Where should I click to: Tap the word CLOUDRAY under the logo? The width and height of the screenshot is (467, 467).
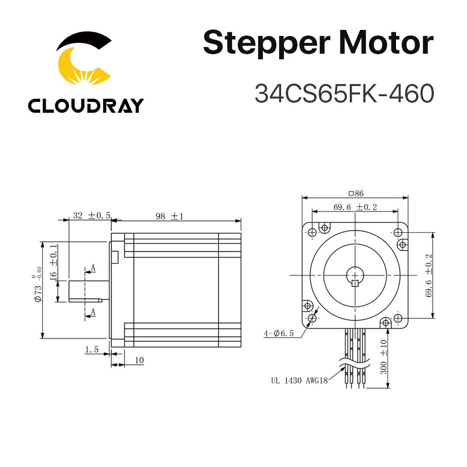pos(85,106)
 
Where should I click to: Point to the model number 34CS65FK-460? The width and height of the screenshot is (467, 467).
pos(344,93)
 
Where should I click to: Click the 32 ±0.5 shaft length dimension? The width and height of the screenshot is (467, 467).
pos(91,215)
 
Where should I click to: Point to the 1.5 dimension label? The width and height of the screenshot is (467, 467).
pos(92,349)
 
